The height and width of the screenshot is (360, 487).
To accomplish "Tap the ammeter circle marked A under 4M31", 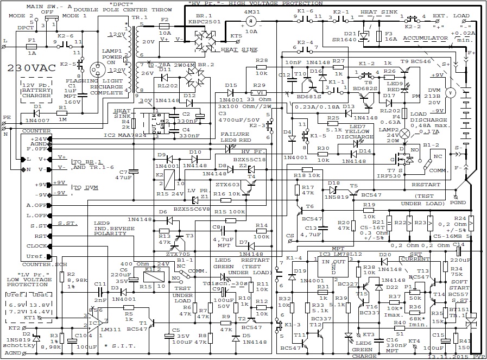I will [x=251, y=21].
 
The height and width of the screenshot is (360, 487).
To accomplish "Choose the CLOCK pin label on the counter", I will [x=36, y=245].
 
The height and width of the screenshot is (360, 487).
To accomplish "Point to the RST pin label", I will [x=40, y=236].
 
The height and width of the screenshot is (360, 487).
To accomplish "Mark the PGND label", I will [x=458, y=203].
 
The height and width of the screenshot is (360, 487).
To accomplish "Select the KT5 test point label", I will [x=236, y=36].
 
